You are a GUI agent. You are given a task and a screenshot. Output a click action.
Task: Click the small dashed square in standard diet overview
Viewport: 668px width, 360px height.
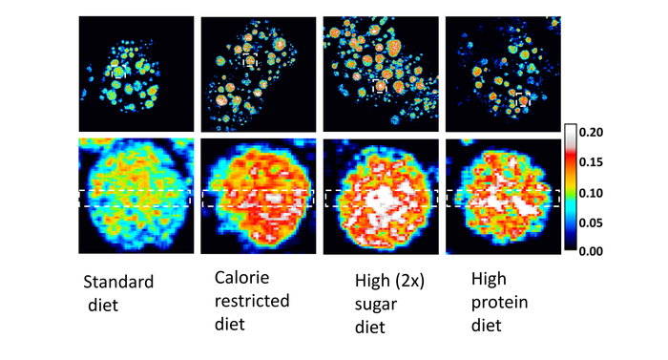[118, 72]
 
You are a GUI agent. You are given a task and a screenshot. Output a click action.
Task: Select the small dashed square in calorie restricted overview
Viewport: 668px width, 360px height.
[250, 60]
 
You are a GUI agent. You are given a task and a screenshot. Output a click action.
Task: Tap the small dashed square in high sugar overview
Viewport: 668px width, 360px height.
[381, 86]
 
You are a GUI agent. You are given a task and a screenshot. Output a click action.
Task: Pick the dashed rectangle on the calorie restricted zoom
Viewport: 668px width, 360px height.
[258, 199]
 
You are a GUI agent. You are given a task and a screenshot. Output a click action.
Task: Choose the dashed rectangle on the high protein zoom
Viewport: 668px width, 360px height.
[502, 199]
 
